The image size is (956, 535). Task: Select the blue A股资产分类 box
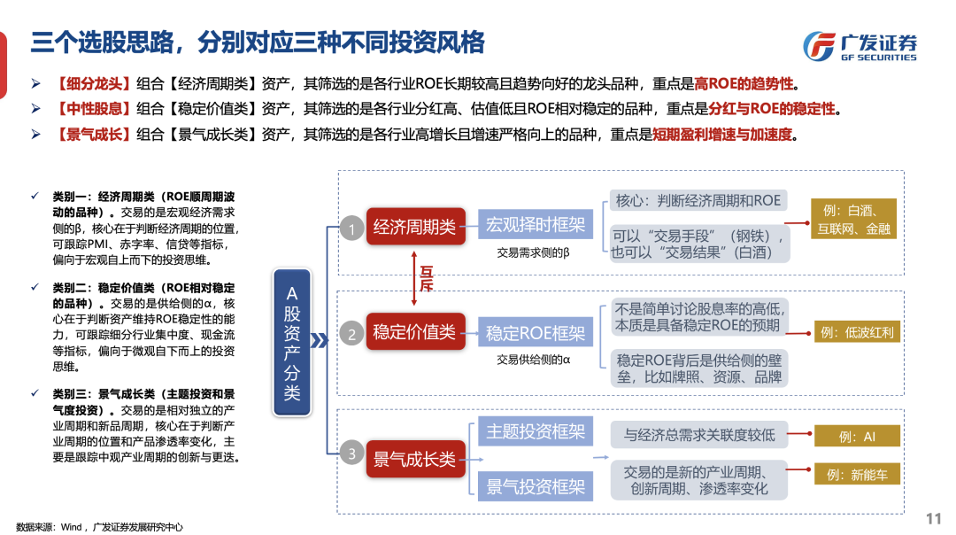point(292,340)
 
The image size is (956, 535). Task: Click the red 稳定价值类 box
point(414,332)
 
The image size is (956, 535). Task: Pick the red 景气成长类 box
point(414,459)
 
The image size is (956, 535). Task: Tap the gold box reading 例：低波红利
point(857,333)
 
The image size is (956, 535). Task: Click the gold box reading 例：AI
point(857,436)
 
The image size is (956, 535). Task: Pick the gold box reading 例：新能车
point(857,475)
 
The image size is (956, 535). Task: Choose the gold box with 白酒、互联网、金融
point(857,219)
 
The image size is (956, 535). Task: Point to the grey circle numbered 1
point(351,230)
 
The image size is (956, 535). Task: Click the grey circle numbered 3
point(351,454)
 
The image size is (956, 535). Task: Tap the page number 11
point(933,518)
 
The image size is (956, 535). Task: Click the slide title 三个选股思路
point(257,42)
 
